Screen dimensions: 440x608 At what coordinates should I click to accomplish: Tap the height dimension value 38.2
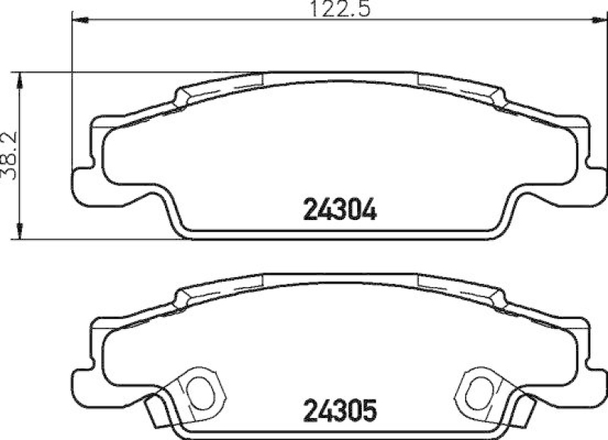pyautogui.click(x=10, y=153)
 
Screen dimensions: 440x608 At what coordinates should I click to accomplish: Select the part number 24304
pyautogui.click(x=340, y=208)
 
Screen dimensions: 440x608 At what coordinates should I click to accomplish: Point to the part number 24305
pyautogui.click(x=340, y=412)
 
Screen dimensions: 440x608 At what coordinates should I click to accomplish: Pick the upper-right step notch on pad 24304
pyautogui.click(x=498, y=97)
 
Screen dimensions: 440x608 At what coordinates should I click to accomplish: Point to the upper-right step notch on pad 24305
pyautogui.click(x=498, y=299)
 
